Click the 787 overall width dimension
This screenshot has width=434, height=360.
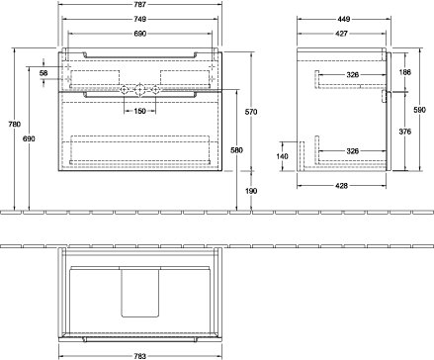pyautogui.click(x=140, y=5)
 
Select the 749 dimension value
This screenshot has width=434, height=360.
pyautogui.click(x=140, y=19)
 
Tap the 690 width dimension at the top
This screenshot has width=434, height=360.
pyautogui.click(x=140, y=34)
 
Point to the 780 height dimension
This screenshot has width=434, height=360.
pyautogui.click(x=15, y=125)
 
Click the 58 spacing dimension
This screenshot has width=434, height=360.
pyautogui.click(x=43, y=73)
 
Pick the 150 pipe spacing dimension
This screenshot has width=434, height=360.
pyautogui.click(x=140, y=111)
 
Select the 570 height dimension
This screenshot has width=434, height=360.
pyautogui.click(x=251, y=112)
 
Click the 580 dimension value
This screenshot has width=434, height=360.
pyautogui.click(x=236, y=150)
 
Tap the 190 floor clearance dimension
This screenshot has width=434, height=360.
pyautogui.click(x=251, y=191)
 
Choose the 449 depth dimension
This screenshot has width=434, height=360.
pyautogui.click(x=343, y=19)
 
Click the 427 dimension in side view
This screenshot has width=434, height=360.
pyautogui.click(x=341, y=34)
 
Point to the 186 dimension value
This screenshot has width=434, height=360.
pyautogui.click(x=405, y=72)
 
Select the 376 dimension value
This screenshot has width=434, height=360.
pyautogui.click(x=405, y=132)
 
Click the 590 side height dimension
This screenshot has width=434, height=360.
pyautogui.click(x=419, y=110)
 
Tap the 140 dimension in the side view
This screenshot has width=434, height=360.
pyautogui.click(x=282, y=156)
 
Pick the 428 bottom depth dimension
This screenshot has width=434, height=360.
pyautogui.click(x=341, y=186)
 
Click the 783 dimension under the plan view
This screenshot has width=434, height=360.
pyautogui.click(x=140, y=356)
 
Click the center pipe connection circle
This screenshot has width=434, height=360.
pyautogui.click(x=139, y=89)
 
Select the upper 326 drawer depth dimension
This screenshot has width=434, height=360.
pyautogui.click(x=352, y=75)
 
